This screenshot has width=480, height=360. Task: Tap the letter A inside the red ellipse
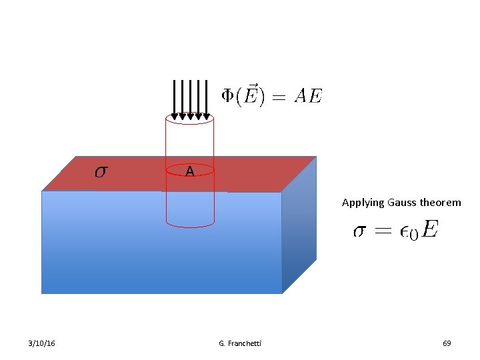point(190,172)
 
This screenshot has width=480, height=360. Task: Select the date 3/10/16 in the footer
point(42,343)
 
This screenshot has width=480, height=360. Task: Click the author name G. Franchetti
point(240,343)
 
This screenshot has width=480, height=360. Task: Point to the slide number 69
point(447,343)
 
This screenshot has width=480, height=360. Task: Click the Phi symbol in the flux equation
point(228,97)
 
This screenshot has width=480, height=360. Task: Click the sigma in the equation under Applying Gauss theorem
point(359,231)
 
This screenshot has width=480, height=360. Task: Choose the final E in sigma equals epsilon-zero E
point(430,231)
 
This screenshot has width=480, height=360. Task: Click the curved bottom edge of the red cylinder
point(190,225)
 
